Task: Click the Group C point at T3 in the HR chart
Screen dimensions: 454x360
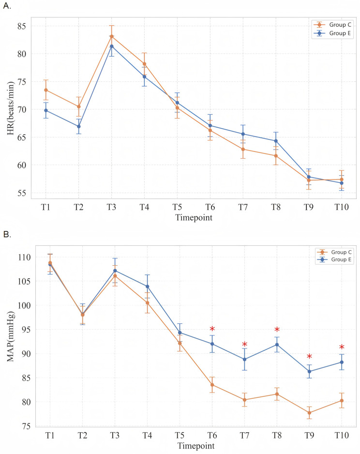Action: [x=111, y=36]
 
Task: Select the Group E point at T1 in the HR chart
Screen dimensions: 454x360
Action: [x=46, y=110]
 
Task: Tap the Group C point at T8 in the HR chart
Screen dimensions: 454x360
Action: [x=276, y=155]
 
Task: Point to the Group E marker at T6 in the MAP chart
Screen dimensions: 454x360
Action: [x=212, y=344]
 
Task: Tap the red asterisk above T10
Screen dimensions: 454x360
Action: [x=342, y=348]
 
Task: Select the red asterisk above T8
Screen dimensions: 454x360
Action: [x=277, y=331]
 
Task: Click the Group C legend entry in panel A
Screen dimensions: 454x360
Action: [x=332, y=25]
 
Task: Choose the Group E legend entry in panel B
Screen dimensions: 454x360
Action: [x=332, y=259]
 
